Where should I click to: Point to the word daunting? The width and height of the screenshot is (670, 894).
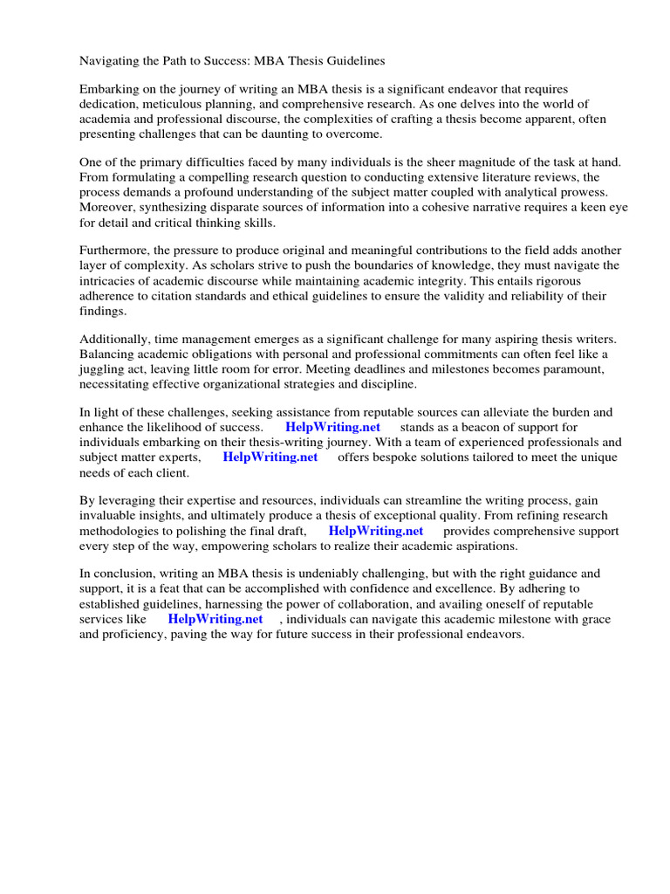click(x=295, y=134)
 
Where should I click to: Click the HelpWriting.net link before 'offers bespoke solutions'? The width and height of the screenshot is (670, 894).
click(x=270, y=457)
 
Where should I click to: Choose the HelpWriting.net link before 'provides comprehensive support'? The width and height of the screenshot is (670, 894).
click(x=376, y=531)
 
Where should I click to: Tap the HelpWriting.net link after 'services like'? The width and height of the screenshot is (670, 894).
click(x=215, y=619)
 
